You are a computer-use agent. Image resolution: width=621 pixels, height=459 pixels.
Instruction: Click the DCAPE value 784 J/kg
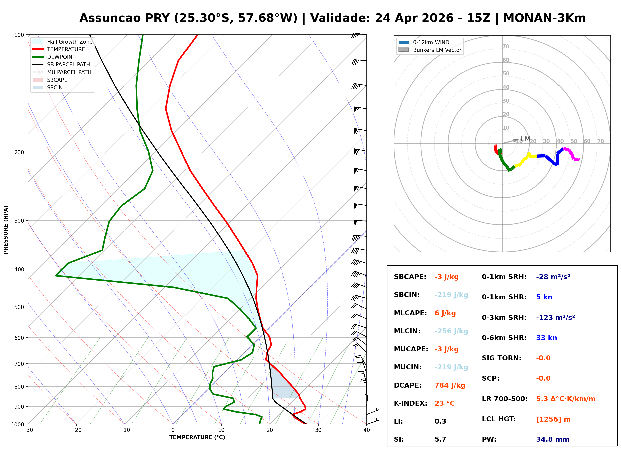coord(450,385)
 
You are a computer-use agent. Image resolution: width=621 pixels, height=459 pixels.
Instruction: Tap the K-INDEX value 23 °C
coord(444,403)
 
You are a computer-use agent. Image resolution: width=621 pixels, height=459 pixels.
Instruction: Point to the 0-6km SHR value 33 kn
coord(546,338)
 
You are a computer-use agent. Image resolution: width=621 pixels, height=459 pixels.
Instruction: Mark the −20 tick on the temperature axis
coord(76,430)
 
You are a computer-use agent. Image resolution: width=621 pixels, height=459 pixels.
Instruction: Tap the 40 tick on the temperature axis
coord(366,430)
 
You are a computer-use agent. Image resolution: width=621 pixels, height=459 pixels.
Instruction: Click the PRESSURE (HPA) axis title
coord(6,229)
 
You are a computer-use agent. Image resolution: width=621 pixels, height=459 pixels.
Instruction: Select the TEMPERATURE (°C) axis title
coord(197,437)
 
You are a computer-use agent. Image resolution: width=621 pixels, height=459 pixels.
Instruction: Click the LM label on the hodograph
coord(525,139)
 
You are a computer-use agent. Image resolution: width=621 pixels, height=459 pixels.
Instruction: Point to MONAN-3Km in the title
coord(544,18)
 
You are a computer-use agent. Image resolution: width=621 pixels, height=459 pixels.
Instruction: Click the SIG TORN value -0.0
coord(543,358)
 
